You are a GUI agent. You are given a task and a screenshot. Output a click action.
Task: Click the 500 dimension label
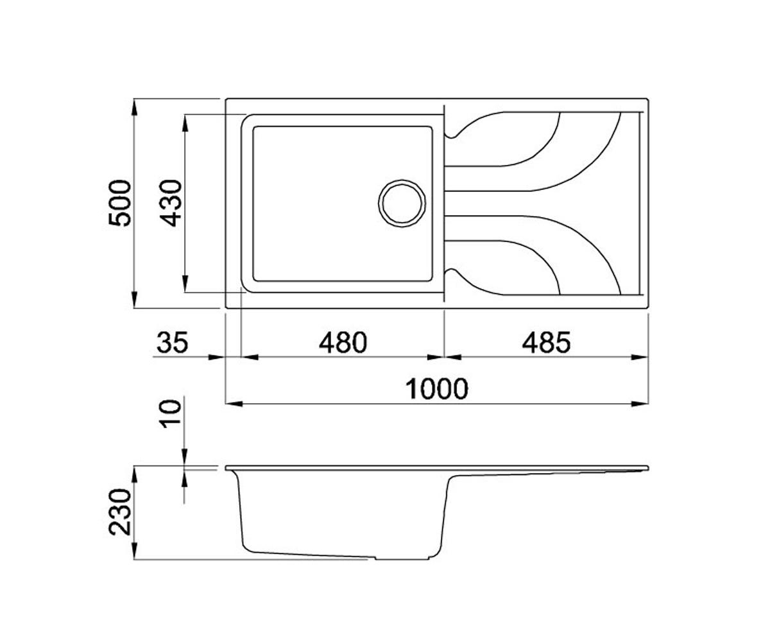pos(119,203)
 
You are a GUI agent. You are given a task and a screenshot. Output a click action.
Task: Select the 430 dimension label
pos(171,203)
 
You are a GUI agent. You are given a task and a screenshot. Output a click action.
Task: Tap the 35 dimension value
pos(173,342)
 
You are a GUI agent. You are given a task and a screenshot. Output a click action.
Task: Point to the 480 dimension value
pos(343,342)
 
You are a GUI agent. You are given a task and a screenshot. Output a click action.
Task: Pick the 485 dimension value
pos(546,342)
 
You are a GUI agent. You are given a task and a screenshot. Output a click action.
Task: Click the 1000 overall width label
pos(436,389)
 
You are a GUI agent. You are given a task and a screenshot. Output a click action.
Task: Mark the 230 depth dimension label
pos(119,512)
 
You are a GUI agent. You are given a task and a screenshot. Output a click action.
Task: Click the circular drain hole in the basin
pos(402,204)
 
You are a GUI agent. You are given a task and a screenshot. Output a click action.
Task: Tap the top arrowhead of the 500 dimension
pos(135,107)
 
